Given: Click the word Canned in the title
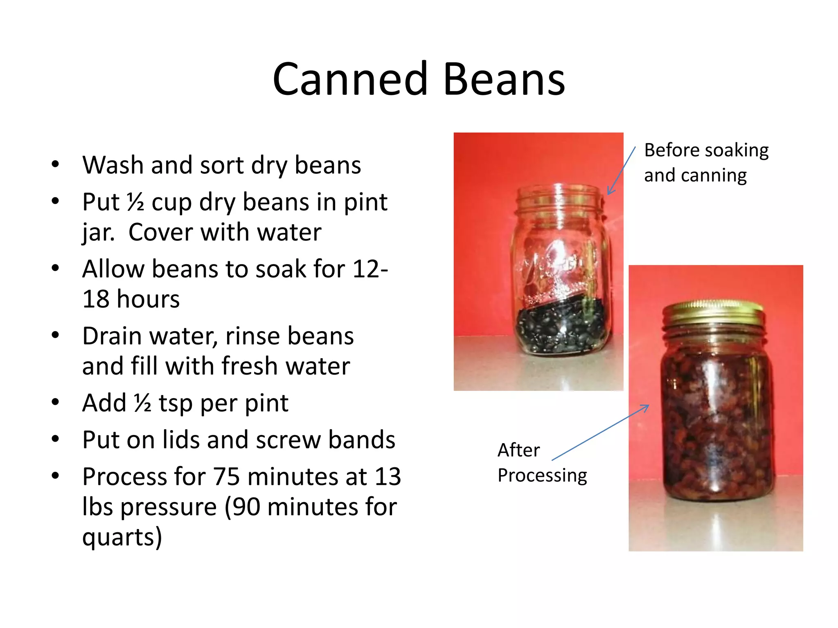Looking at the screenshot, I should click(351, 79).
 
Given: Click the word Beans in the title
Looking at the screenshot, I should click(504, 79).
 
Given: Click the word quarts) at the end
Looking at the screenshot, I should click(122, 537).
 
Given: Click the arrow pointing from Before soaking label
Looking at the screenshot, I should click(621, 171).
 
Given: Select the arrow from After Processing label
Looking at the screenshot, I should click(600, 433).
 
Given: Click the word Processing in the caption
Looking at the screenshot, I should click(542, 475).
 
